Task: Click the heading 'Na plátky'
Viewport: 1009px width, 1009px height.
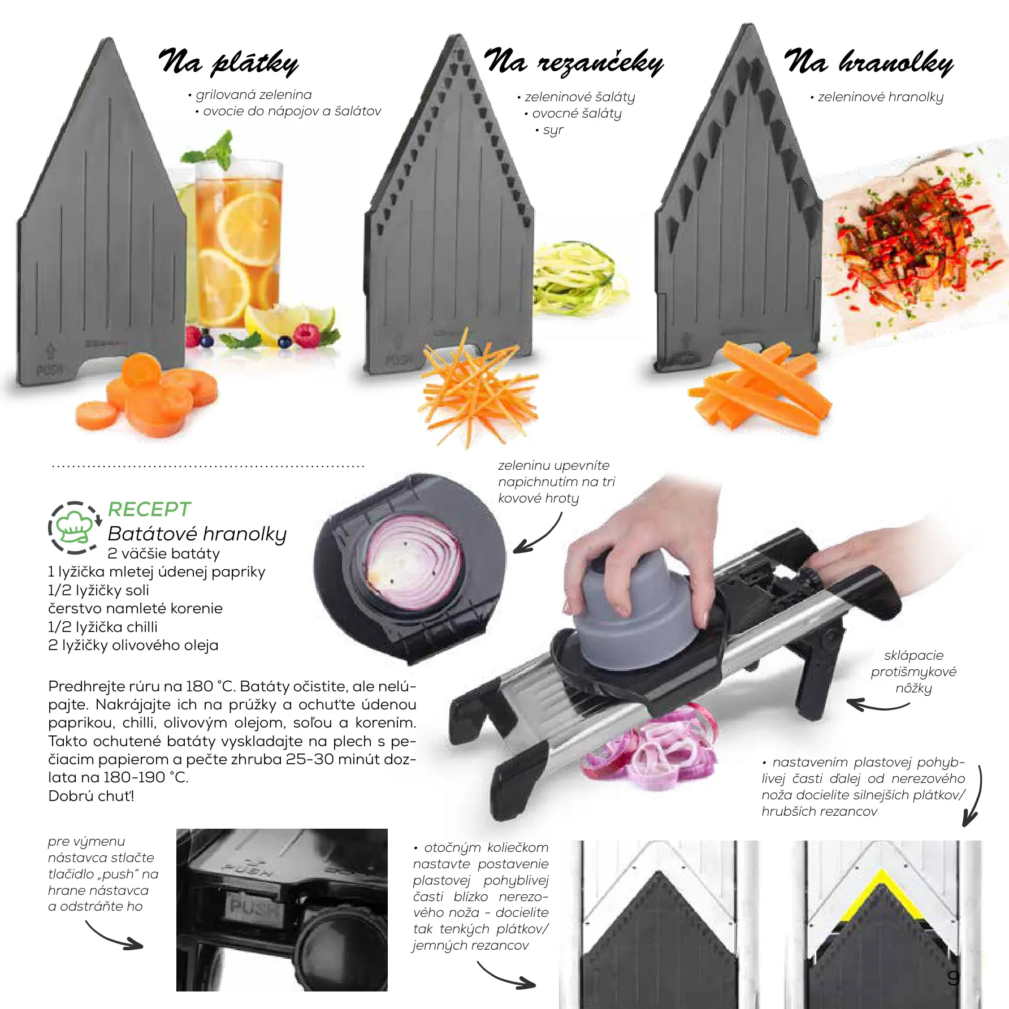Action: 228,62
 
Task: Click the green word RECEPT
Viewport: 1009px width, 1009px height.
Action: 149,509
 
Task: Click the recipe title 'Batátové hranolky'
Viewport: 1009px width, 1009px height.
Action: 197,534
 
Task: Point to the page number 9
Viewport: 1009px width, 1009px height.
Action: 954,978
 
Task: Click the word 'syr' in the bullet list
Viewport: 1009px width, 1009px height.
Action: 553,130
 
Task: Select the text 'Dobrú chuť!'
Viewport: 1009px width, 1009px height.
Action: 92,796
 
